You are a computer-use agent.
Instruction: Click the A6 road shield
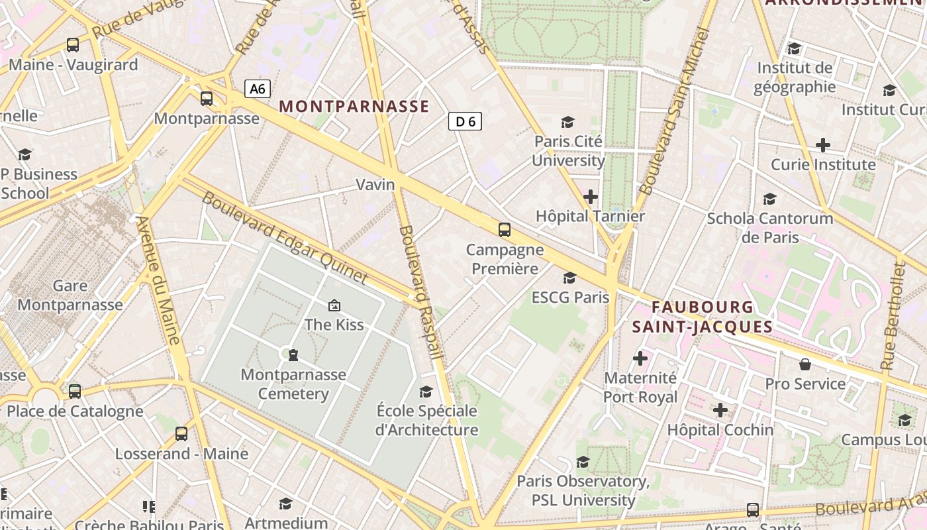point(258,89)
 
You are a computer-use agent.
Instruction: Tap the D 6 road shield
point(465,121)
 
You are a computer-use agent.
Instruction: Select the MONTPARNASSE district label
point(354,106)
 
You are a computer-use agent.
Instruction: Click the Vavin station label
point(375,185)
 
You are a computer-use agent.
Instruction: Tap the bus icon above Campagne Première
point(505,230)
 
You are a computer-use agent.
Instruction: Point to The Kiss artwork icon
point(334,305)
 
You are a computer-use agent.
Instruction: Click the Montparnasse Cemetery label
point(293,384)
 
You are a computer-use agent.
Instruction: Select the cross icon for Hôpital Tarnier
point(590,197)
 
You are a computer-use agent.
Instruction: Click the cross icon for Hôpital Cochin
point(720,410)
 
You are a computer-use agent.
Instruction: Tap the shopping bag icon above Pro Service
point(805,364)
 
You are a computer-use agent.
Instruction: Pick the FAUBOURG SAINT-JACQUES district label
point(703,317)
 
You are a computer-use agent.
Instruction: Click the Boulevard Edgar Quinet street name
point(284,238)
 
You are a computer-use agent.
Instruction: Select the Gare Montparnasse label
point(70,295)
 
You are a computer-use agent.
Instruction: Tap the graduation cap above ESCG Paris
point(569,278)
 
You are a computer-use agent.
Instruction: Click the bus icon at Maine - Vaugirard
point(73,45)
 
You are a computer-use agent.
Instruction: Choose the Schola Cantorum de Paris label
point(770,227)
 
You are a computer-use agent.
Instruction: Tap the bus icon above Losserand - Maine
point(181,434)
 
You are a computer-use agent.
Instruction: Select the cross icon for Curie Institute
point(823,144)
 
